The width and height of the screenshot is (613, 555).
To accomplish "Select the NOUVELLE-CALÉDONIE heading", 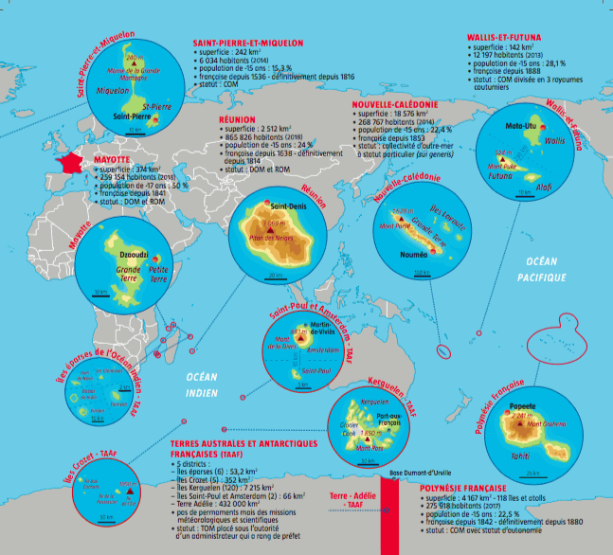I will click(394, 104).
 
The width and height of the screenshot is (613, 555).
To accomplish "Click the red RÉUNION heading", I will click(238, 120).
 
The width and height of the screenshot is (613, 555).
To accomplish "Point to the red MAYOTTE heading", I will click(113, 161).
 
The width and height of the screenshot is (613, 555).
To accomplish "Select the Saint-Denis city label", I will click(290, 205).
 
